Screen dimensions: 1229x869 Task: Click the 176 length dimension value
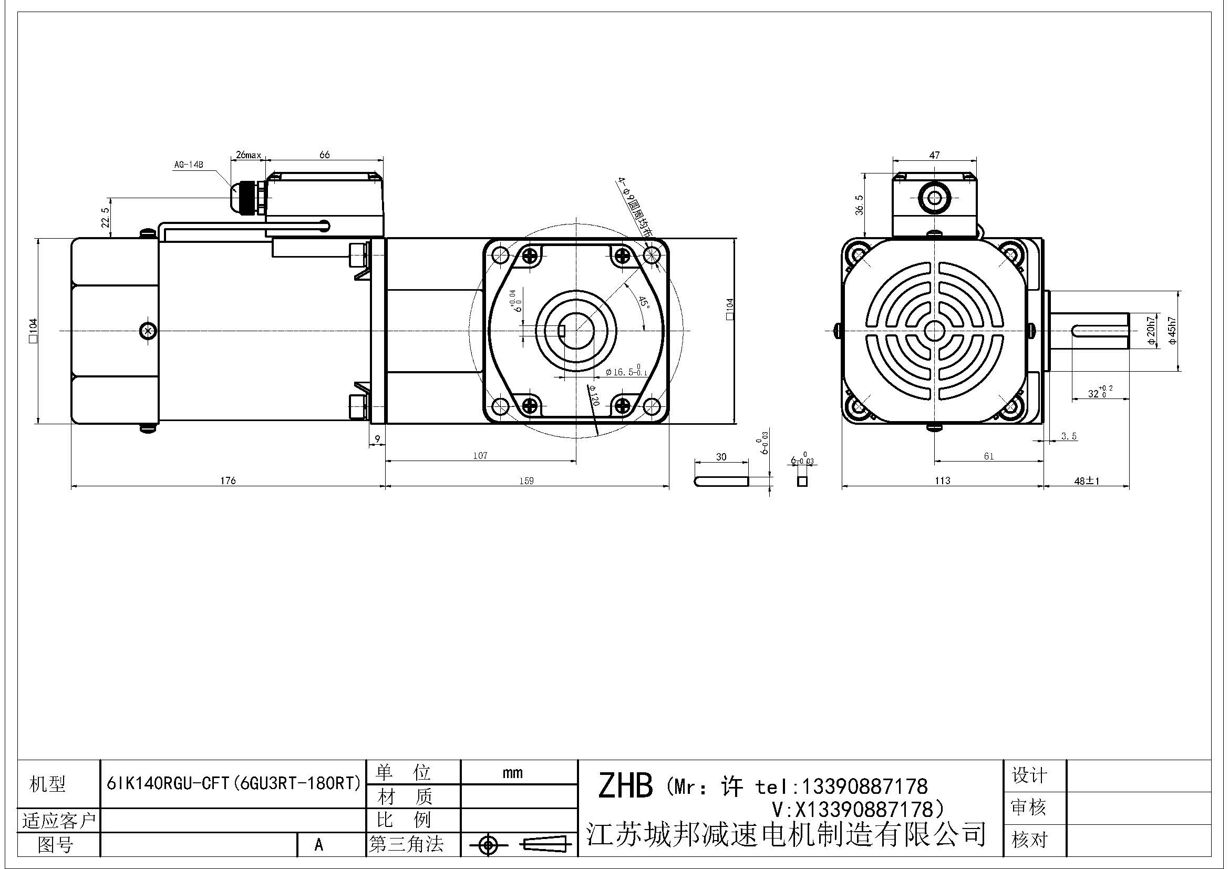tap(228, 480)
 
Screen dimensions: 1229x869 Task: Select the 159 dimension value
tap(526, 480)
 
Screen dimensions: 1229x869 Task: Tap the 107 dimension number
tap(480, 456)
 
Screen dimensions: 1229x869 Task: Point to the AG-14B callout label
tap(189, 165)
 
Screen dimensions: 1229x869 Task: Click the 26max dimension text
tap(249, 155)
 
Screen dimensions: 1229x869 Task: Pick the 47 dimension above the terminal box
tap(934, 155)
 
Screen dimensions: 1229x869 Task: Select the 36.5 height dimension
tap(860, 205)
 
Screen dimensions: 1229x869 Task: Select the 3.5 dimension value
tap(1069, 436)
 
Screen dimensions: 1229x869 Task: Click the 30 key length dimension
tap(721, 457)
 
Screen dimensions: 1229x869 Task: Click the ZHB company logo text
tap(625, 785)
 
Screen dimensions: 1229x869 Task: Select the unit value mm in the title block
tap(513, 773)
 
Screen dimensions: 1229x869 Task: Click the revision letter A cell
tap(319, 844)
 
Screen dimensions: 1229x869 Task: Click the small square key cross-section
tap(802, 482)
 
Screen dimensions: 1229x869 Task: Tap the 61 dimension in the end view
tap(989, 456)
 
